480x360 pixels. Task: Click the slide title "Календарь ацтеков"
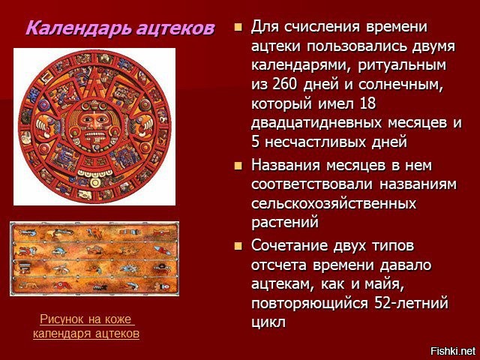coord(120,28)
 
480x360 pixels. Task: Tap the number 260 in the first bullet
coord(284,84)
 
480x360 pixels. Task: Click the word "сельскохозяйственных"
coord(334,203)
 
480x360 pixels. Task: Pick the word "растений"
coord(285,223)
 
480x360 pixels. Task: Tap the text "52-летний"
coord(412,303)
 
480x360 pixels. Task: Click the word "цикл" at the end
coord(268,322)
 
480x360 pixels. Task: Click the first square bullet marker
coord(238,28)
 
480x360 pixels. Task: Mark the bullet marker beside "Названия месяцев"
coord(238,166)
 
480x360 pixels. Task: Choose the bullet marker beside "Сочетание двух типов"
coord(238,246)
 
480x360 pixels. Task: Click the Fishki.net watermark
coord(453,351)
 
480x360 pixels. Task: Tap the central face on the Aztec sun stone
coord(94,126)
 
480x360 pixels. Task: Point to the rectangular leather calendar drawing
coord(94,259)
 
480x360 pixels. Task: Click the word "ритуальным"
coord(402,65)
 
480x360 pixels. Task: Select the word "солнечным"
coord(401,84)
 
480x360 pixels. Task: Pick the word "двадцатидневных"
coord(316,123)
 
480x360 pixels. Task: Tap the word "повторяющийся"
coord(310,303)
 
